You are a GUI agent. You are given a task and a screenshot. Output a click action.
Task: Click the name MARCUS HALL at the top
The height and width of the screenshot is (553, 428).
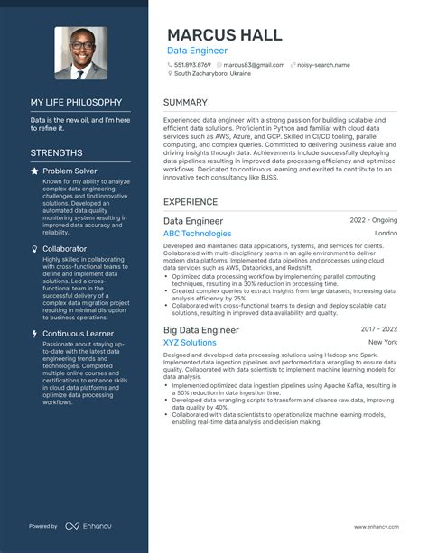[x=224, y=34]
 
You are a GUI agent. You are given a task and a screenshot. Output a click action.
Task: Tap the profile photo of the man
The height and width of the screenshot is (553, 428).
[x=80, y=52]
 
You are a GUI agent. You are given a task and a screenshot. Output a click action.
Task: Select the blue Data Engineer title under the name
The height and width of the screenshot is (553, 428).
[x=196, y=51]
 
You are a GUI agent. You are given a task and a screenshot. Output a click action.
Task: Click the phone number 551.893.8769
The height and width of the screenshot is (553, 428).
[x=192, y=65]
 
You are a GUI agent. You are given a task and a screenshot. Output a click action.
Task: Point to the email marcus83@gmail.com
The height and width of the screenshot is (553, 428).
[x=254, y=65]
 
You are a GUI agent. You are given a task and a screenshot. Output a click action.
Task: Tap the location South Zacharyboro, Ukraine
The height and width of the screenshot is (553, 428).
[x=214, y=75]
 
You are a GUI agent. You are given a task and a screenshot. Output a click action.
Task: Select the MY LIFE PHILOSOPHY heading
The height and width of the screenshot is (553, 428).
[x=76, y=102]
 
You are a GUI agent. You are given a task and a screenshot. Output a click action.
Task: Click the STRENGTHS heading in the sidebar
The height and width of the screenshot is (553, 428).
[x=56, y=153]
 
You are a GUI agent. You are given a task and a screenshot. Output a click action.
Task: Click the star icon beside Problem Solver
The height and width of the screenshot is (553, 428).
[x=34, y=171]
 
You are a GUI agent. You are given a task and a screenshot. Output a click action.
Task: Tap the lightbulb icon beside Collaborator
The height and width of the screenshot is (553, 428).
[x=34, y=248]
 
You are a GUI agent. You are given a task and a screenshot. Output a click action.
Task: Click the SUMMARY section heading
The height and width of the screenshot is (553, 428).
[x=186, y=103]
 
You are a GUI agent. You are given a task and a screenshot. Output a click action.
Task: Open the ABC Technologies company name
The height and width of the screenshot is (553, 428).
[x=197, y=234]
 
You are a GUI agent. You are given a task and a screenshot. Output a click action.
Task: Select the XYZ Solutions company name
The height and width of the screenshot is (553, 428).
[x=190, y=343]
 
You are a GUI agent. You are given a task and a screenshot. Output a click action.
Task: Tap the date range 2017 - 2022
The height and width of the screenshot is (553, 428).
[x=378, y=329]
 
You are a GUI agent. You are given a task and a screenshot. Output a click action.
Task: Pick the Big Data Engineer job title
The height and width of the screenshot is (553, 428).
[x=200, y=329]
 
